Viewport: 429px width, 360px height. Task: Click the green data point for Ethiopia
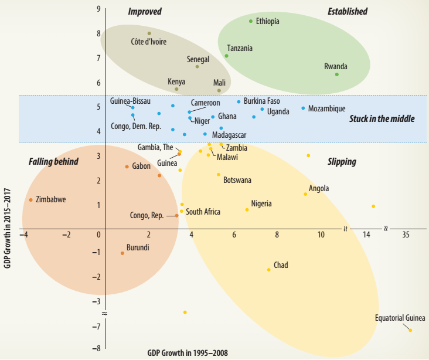251,21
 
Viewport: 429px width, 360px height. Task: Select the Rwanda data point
337,74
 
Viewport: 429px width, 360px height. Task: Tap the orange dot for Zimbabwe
31,200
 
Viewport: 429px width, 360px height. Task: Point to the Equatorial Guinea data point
410,330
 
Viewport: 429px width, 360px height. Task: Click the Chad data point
269,270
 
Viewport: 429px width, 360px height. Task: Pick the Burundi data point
122,253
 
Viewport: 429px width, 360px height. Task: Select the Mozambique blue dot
303,108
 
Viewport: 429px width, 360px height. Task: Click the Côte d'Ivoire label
149,42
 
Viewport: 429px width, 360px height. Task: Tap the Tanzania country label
240,48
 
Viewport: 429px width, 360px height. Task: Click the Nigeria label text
261,204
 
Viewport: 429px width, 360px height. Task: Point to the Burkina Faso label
262,101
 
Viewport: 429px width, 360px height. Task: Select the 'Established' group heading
348,11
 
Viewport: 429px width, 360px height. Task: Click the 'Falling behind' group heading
53,161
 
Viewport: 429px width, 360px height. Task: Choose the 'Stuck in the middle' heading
382,118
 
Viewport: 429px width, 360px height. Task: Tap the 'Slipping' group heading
342,161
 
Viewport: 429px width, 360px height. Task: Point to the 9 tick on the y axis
98,9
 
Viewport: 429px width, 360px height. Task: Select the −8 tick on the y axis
97,349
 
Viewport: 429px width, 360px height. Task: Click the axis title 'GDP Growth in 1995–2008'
188,354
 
